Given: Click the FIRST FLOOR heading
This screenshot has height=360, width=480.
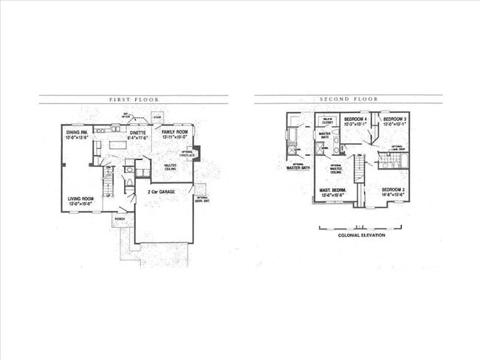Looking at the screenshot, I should [x=134, y=99].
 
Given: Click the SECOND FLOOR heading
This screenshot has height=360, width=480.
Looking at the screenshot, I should [x=349, y=99].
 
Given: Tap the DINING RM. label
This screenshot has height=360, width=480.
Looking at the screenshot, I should [x=77, y=131].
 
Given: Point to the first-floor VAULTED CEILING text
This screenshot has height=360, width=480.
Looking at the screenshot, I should [x=170, y=167].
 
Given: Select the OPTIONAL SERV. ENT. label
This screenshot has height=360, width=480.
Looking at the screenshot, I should [x=202, y=199].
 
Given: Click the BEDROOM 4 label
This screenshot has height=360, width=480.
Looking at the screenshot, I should [x=356, y=119].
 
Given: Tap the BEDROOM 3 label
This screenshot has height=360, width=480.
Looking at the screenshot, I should [x=395, y=119].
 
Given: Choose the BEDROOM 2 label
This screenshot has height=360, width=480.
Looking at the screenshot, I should [x=393, y=190].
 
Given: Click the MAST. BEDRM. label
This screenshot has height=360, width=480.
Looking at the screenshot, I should [x=334, y=191].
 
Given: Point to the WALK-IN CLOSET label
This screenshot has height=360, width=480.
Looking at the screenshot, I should [x=327, y=120].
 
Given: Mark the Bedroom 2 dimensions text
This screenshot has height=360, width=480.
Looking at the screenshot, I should [x=393, y=196].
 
